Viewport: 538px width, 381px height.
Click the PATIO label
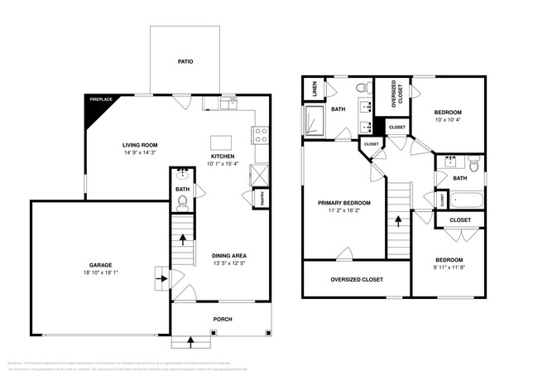tap(185, 61)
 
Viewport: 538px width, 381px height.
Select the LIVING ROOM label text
tap(140, 145)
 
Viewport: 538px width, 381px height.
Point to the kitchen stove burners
tap(262, 133)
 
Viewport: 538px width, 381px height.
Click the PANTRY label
tap(262, 198)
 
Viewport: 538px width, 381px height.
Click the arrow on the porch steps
tap(192, 339)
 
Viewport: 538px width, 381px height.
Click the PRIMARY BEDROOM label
tap(344, 202)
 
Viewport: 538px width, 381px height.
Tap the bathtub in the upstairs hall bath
tap(462, 200)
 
